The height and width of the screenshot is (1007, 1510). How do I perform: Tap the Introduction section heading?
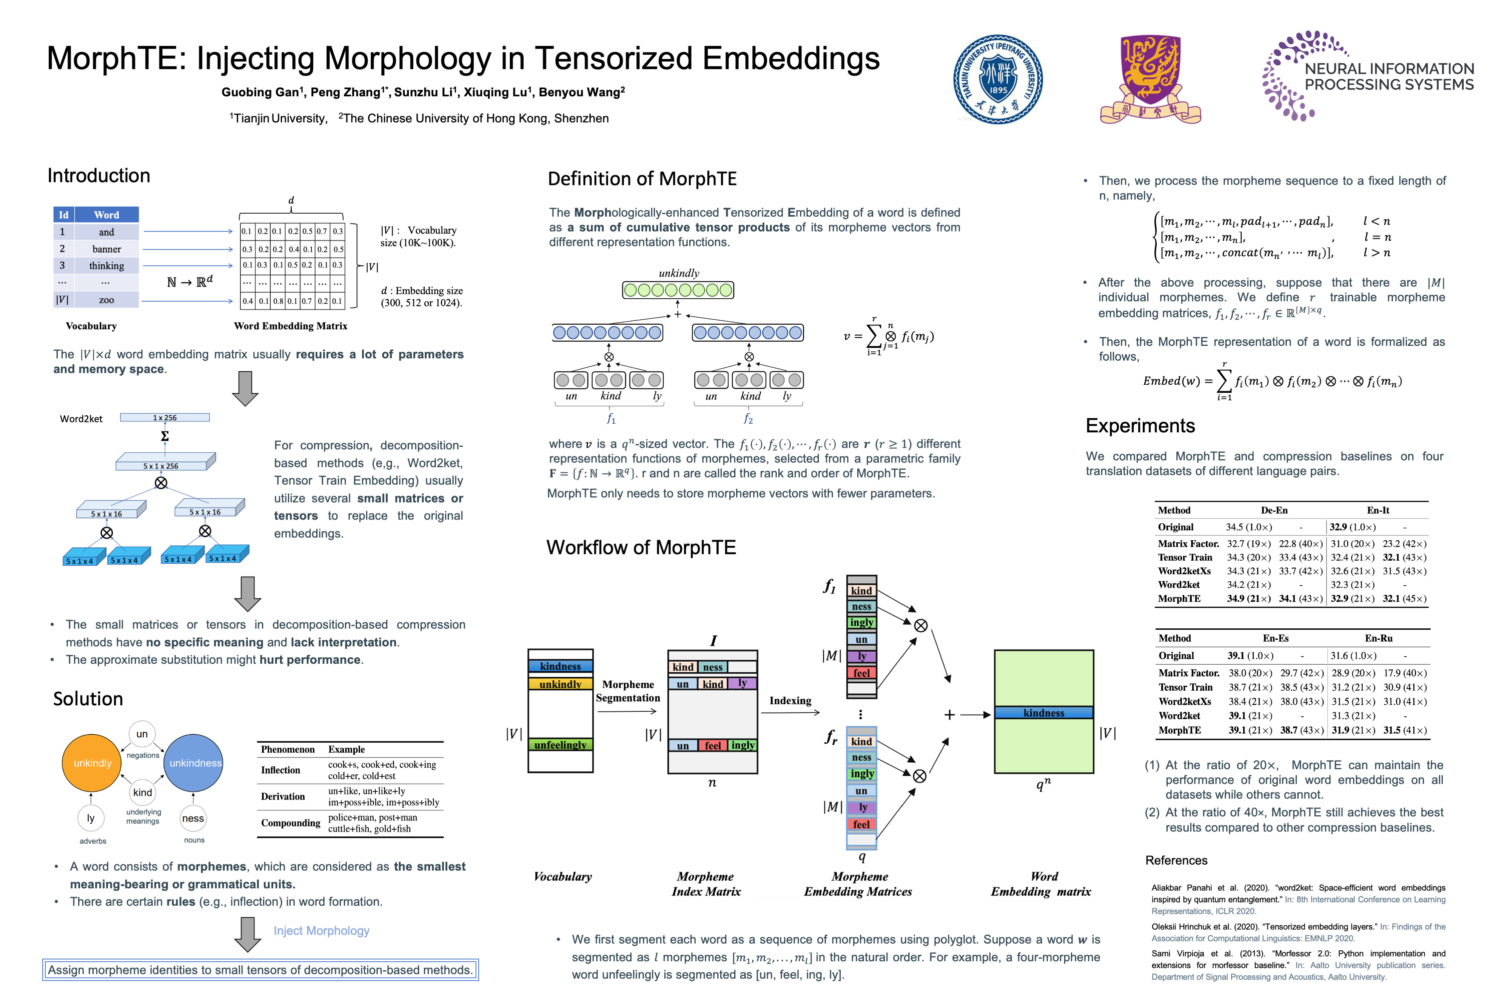point(99,175)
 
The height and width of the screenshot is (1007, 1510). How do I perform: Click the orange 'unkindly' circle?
point(92,763)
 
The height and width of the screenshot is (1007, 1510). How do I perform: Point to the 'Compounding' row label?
point(290,823)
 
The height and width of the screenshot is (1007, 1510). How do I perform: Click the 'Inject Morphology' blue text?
point(322,931)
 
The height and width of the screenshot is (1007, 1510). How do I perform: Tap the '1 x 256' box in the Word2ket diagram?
point(165,418)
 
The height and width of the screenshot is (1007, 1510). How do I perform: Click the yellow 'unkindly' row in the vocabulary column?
point(561,684)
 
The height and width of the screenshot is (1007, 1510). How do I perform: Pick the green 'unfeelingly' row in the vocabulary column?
point(561,745)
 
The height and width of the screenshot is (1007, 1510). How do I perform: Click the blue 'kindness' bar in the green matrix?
point(1043,713)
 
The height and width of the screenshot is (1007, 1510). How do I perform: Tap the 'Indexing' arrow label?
point(790,701)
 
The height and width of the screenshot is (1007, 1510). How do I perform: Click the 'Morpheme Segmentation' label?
point(628,691)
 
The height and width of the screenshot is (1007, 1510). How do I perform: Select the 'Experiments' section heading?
point(1140,426)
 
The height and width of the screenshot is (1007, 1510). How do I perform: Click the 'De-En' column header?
point(1274,510)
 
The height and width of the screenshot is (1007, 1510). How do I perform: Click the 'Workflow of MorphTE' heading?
point(641,547)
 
